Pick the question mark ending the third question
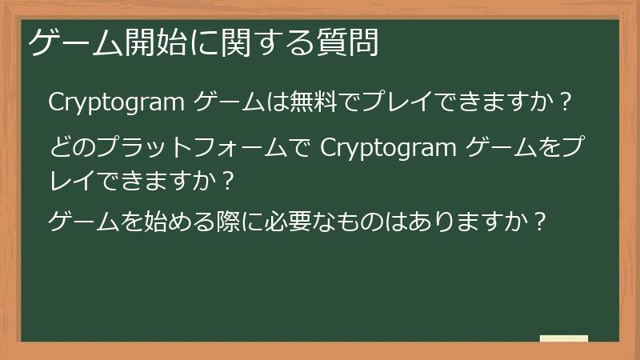click(x=540, y=220)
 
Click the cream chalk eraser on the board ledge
click(x=564, y=338)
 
